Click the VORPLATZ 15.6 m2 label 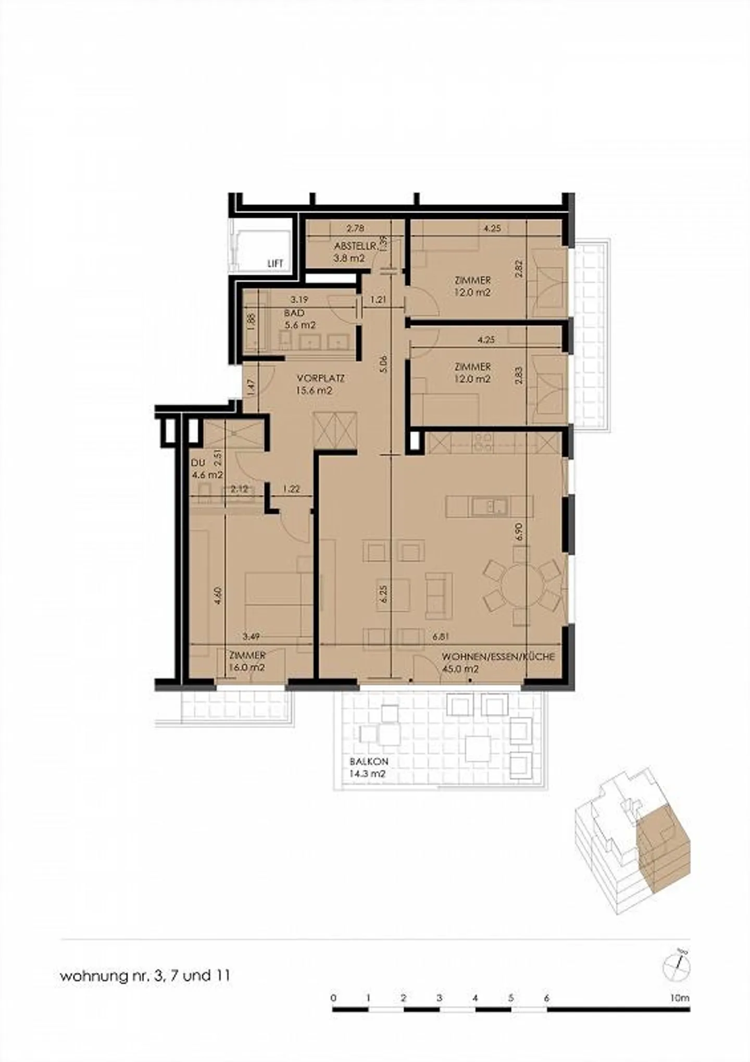coord(320,384)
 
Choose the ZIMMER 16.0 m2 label coord(247,661)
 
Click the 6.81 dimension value coord(441,636)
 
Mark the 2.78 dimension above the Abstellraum coord(355,228)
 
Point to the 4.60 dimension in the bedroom coord(219,595)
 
